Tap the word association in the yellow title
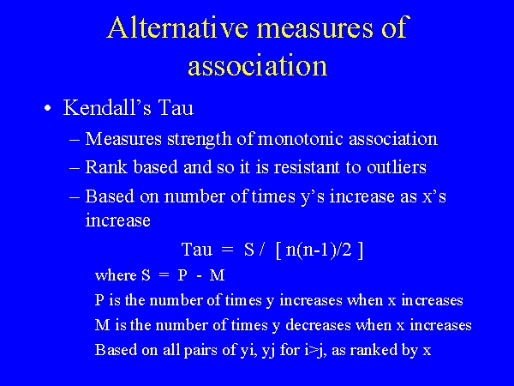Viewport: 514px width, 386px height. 257,65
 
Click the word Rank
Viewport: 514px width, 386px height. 105,167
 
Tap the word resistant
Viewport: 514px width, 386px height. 302,167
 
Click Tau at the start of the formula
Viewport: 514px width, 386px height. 196,250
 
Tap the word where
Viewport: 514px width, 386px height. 115,275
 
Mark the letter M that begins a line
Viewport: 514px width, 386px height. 102,325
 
